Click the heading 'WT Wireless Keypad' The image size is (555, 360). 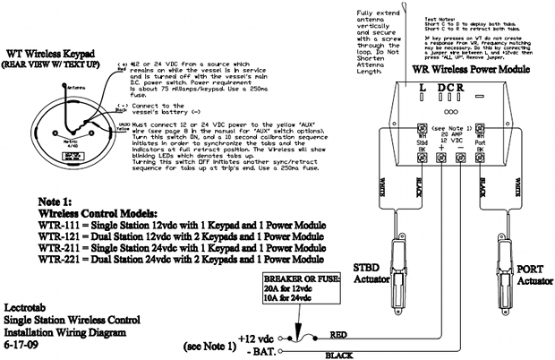(x=52, y=55)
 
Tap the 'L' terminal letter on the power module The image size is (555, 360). (x=422, y=89)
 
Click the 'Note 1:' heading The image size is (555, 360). (x=61, y=201)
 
